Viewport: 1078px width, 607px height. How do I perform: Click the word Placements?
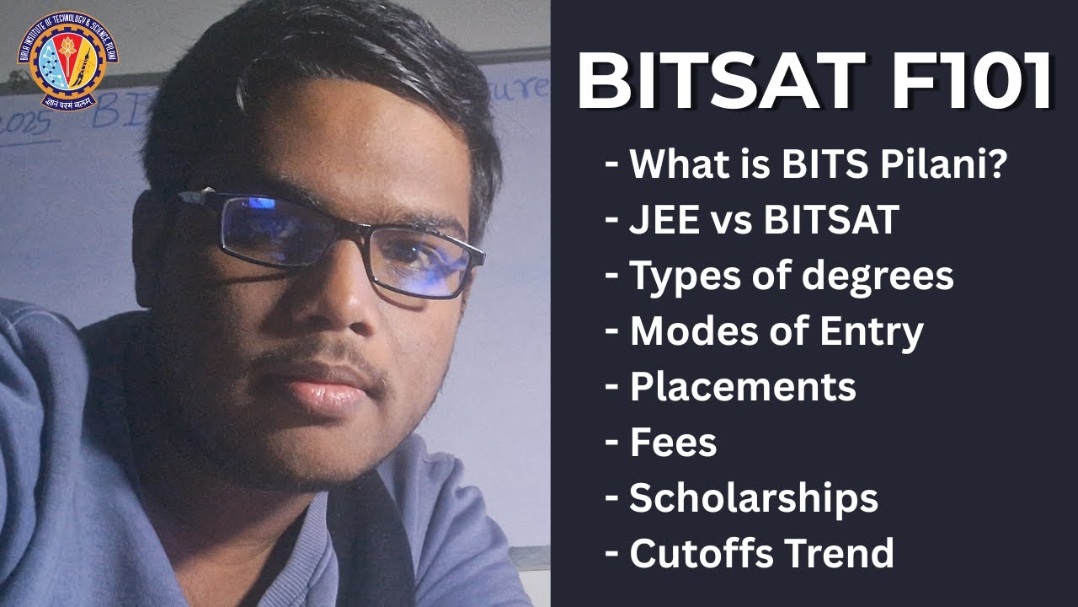click(743, 387)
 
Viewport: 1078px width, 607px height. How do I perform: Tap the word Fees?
click(673, 443)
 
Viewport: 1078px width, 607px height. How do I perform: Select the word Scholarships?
click(754, 498)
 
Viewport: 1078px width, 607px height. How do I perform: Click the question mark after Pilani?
click(995, 164)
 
